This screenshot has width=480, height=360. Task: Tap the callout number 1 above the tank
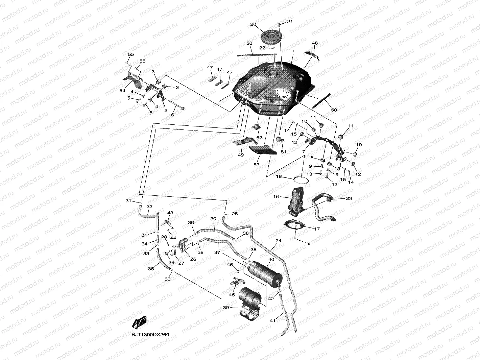pos(293,51)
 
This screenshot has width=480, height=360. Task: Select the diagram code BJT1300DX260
pos(150,335)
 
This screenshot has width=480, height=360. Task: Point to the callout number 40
pos(271,260)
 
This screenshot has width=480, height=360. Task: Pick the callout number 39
pos(226,308)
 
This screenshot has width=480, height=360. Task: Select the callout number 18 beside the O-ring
pos(279,176)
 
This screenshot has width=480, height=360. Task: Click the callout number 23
pos(349,198)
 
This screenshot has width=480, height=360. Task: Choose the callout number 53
pos(257,165)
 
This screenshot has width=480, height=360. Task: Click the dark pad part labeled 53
pos(262,149)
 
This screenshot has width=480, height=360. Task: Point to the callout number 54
pos(122,91)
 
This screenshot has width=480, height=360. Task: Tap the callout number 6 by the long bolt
pos(172,115)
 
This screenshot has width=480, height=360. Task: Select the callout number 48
pos(315,43)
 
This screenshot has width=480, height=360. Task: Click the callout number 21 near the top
pos(290,22)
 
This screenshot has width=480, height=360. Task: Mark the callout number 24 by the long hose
pos(278,241)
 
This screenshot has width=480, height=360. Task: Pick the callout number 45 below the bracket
pos(232,295)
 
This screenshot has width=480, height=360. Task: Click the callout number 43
pos(170,213)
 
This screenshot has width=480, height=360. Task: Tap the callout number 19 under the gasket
pos(307,243)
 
